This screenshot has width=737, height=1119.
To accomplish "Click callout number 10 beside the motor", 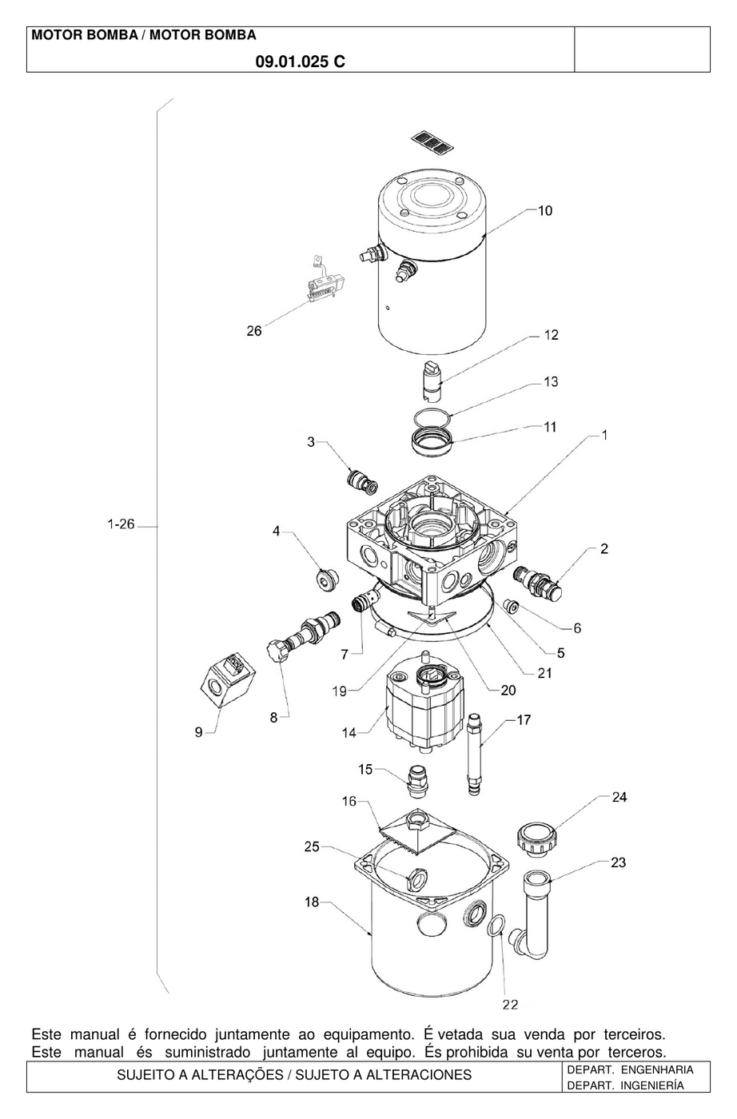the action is coord(545,211).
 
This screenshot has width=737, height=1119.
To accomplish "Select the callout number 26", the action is coord(254,331).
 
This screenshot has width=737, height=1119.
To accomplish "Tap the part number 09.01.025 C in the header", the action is coord(301,62).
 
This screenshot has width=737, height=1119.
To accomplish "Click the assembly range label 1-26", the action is coord(121,524).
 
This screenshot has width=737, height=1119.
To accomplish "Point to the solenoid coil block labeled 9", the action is coord(228,681).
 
